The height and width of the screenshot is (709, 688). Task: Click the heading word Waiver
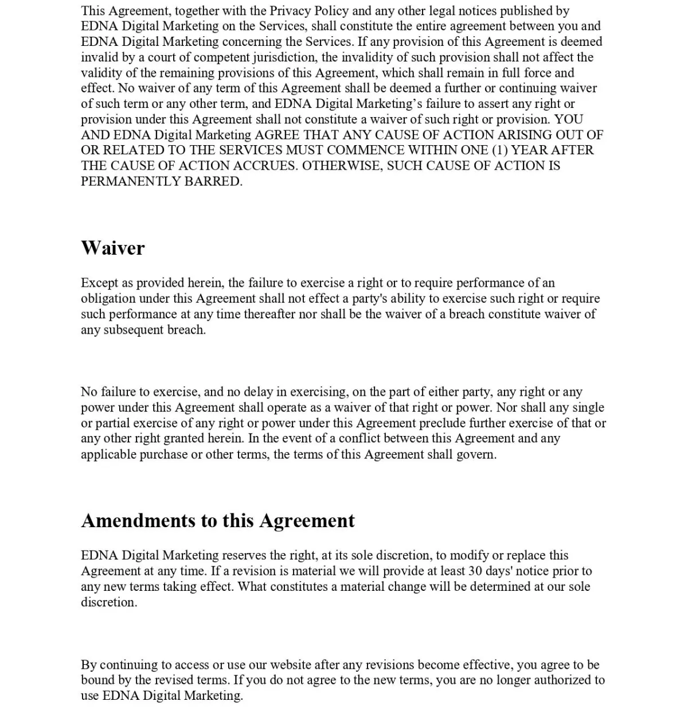click(x=112, y=248)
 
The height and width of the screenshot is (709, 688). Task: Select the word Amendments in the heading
click(x=138, y=520)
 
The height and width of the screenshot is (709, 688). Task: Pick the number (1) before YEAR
click(x=499, y=150)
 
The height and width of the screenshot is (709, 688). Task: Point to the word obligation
click(x=108, y=299)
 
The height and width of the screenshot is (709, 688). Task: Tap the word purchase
click(x=163, y=454)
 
